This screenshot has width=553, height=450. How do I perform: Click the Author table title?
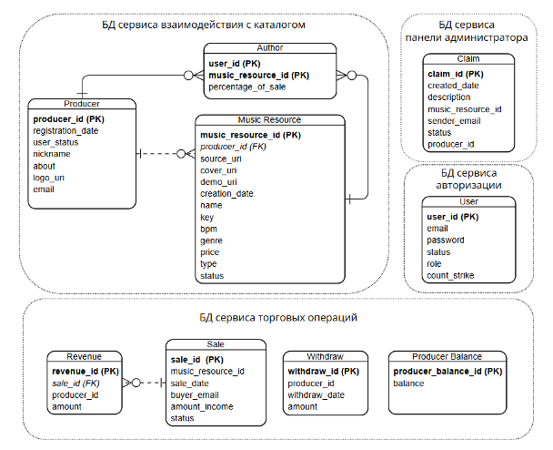pos(270,47)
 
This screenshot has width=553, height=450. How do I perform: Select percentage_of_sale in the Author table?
pos(246,87)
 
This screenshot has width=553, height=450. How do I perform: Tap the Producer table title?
pos(82,104)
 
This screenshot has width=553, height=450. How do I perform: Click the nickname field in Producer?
pos(52,154)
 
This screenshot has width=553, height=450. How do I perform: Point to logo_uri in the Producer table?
pos(49,178)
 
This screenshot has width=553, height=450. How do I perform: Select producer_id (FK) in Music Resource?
pos(233,147)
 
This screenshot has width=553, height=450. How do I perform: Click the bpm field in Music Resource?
pos(208,229)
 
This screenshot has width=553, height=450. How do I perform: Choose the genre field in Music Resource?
pos(211,240)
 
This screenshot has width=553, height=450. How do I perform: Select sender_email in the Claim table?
pos(454,121)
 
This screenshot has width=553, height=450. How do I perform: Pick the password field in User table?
pos(446,240)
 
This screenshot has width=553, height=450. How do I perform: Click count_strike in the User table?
pos(450,275)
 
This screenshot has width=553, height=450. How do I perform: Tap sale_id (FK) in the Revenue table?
pos(75,384)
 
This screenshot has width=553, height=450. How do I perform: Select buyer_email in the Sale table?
pos(195,395)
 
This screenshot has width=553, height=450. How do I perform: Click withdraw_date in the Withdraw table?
pos(316,395)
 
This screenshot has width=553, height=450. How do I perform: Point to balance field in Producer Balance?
pos(408,384)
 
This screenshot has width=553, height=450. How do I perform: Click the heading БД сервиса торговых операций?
pos(278,318)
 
